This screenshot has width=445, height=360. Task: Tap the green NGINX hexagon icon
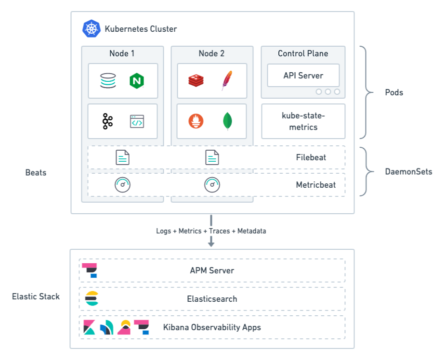[137, 81]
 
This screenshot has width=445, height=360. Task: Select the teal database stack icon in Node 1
[108, 81]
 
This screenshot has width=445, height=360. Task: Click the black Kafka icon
[108, 121]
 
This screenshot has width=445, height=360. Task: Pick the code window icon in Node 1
[137, 121]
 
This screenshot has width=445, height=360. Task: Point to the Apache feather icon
[226, 80]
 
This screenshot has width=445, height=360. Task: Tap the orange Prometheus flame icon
[197, 121]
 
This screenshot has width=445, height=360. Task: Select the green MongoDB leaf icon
[227, 121]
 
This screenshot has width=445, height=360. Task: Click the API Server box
[303, 76]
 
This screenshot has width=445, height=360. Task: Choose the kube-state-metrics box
[303, 121]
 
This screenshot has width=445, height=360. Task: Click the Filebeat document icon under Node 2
[212, 157]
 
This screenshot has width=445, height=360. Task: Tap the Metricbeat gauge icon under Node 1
[123, 185]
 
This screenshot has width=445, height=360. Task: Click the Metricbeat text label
[315, 185]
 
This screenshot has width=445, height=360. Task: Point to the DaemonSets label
[408, 171]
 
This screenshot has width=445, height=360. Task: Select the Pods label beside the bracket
[394, 92]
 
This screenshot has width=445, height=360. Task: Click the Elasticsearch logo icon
[92, 298]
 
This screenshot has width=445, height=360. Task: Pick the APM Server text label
[212, 270]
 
